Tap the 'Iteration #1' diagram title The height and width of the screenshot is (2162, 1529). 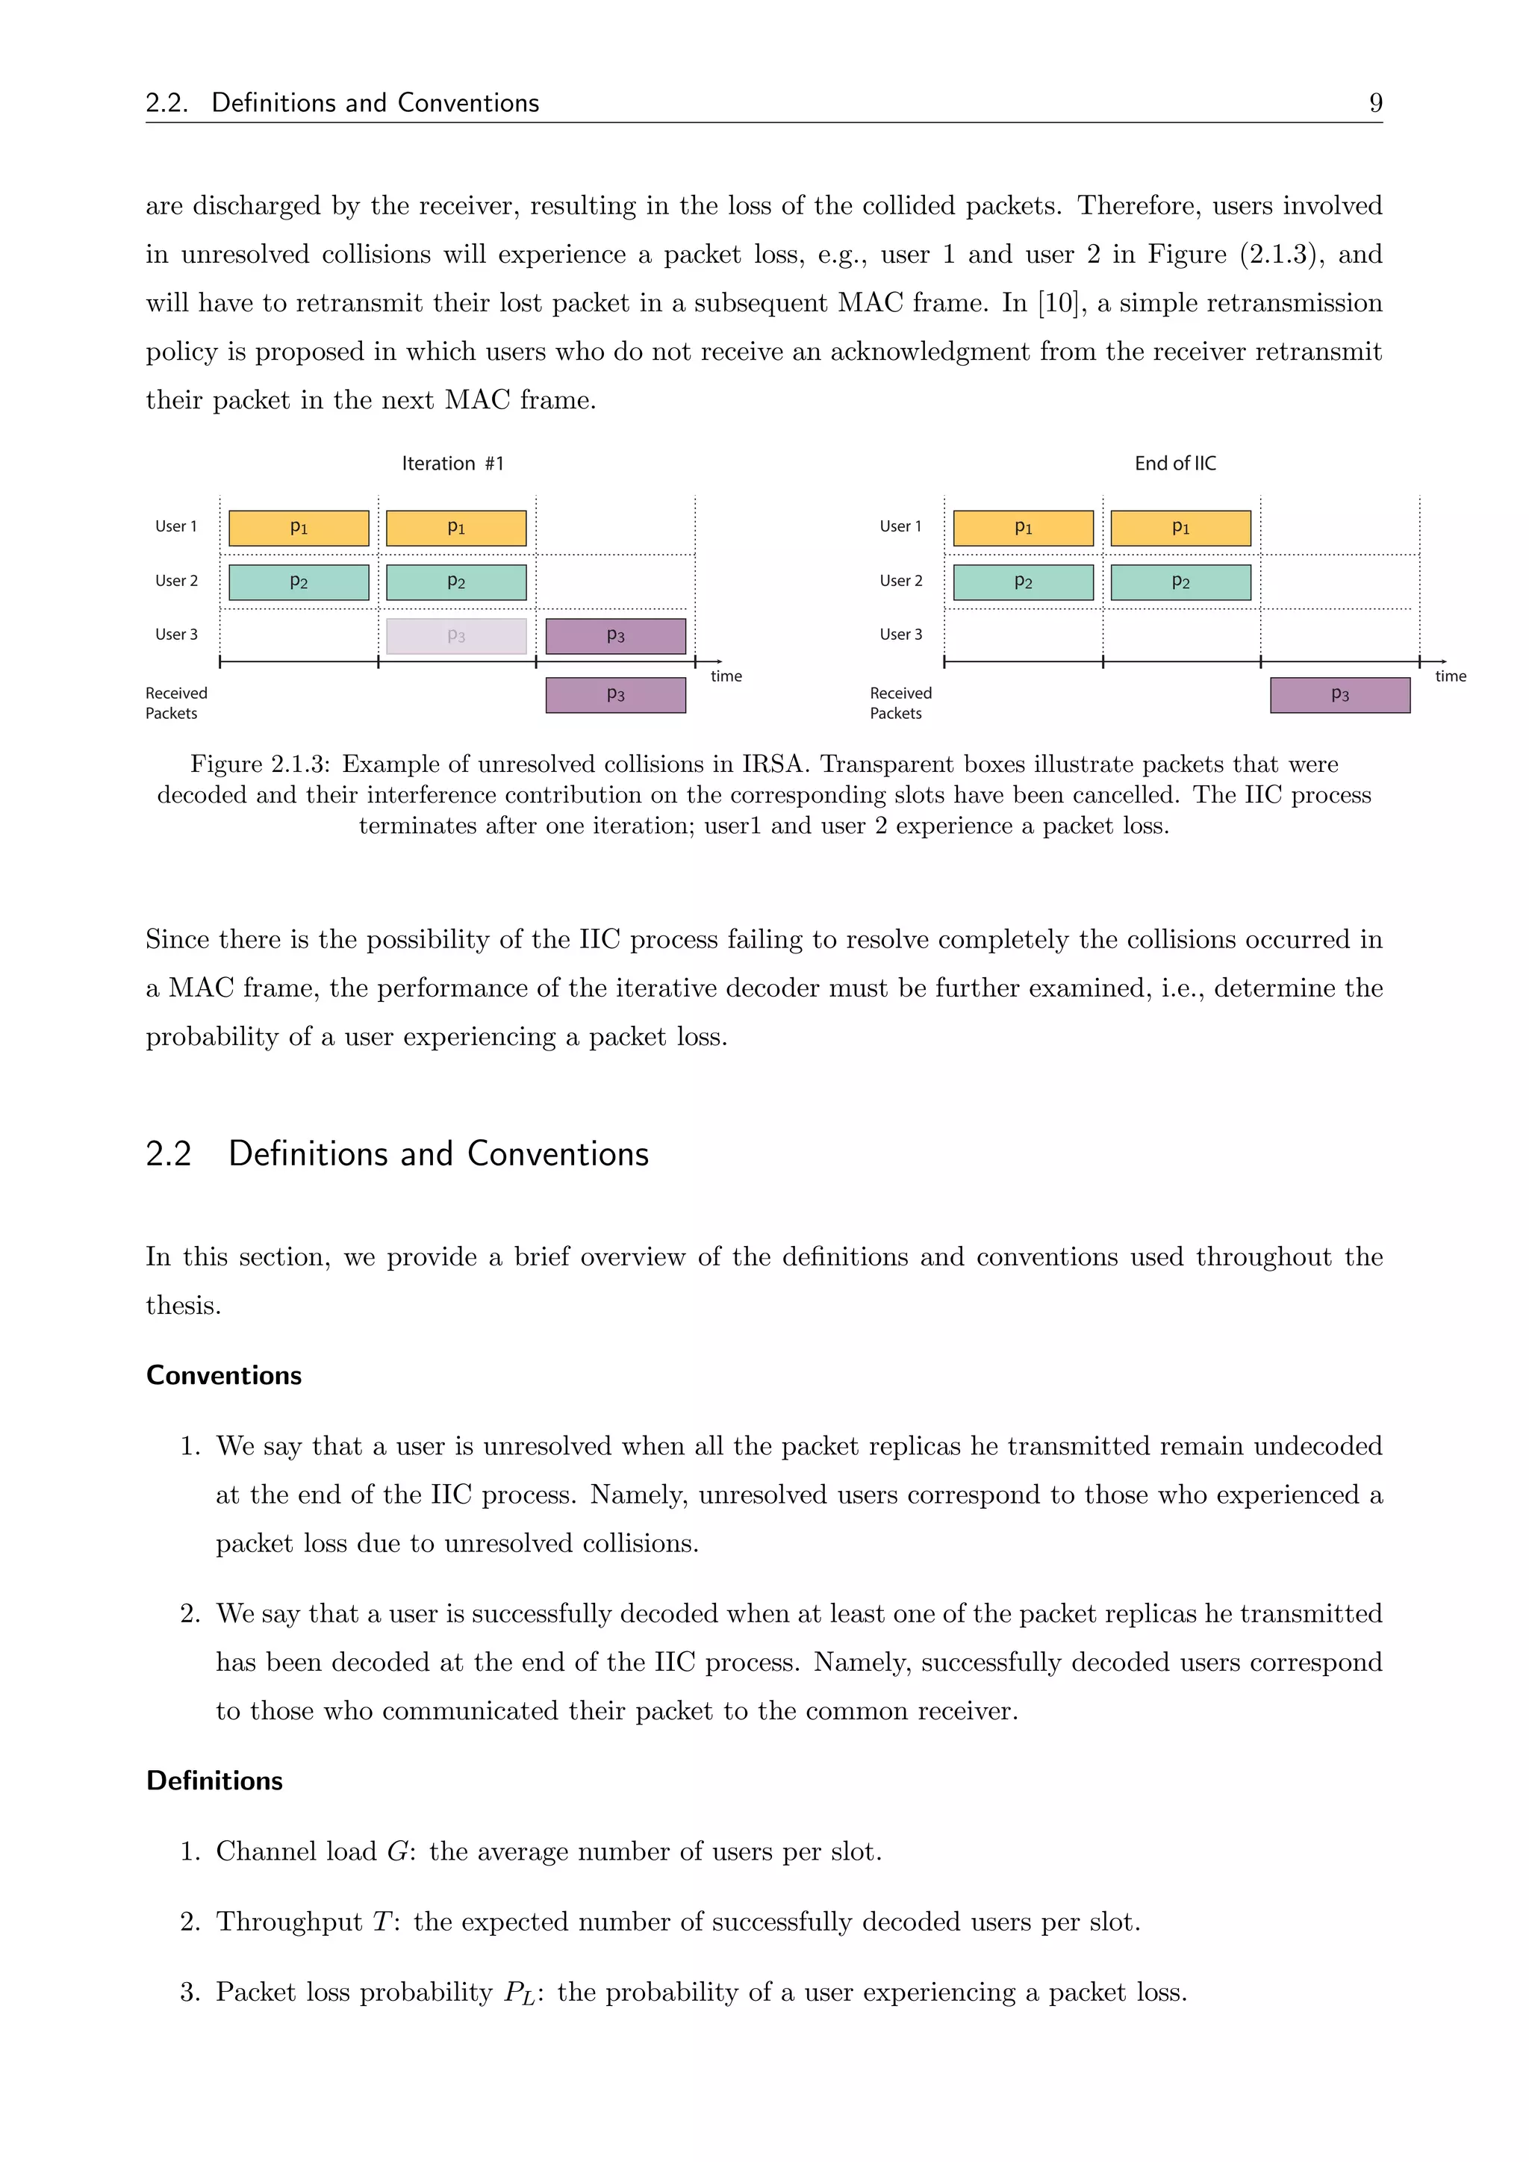tap(453, 464)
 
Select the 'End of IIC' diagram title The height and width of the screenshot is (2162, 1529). tap(1175, 464)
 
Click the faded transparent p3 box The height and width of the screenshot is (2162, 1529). tap(457, 635)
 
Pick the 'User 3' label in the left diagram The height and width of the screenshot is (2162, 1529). tap(176, 635)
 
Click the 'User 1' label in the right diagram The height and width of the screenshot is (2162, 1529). tap(900, 526)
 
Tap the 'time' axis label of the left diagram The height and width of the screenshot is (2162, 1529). tap(726, 676)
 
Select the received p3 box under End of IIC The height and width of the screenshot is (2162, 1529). tap(1340, 695)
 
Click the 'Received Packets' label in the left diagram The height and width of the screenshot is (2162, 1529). tap(176, 703)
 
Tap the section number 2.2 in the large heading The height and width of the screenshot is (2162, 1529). tap(169, 1153)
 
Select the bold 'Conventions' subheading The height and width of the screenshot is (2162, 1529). tap(224, 1376)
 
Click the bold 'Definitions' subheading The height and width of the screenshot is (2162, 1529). tap(215, 1781)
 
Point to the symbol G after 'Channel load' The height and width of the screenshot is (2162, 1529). tap(396, 1851)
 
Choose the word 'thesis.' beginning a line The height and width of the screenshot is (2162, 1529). tap(183, 1306)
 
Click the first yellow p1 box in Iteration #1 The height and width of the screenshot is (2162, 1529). tap(299, 529)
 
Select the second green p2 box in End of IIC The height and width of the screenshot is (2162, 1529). tap(1180, 582)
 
